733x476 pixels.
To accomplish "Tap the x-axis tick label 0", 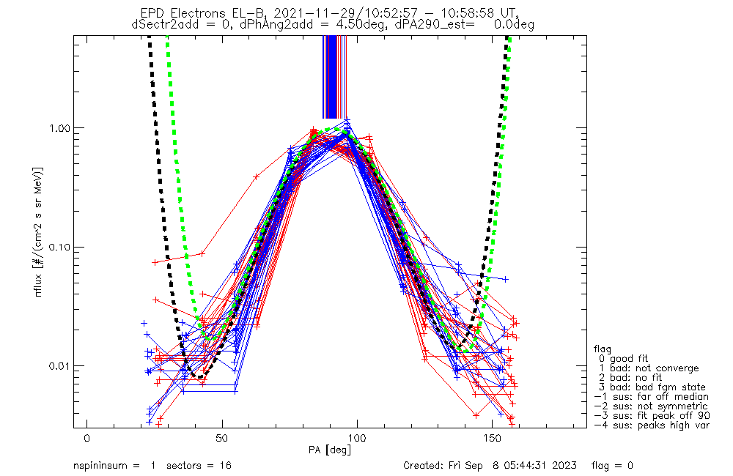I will (87, 438).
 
